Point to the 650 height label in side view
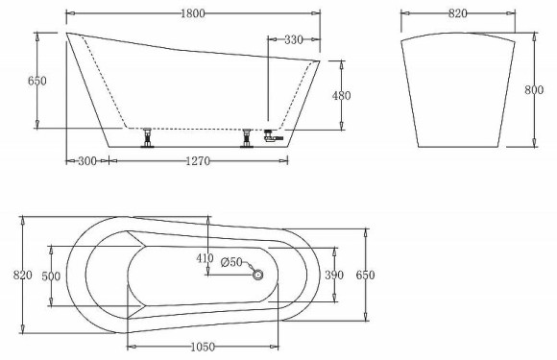(11, 82)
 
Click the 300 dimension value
(84, 161)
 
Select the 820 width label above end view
(457, 14)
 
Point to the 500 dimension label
(52, 276)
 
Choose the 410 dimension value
(205, 258)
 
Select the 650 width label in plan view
(364, 276)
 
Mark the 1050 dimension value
(202, 347)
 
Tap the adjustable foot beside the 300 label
(149, 137)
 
